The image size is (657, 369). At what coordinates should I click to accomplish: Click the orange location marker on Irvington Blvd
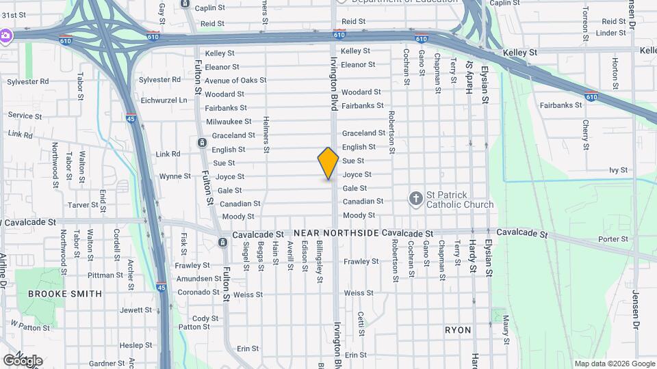pyautogui.click(x=328, y=163)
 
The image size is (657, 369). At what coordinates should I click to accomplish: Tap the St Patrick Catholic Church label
pyautogui.click(x=459, y=200)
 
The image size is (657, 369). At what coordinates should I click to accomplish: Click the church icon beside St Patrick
pyautogui.click(x=415, y=199)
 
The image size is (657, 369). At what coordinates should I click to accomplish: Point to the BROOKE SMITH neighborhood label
pyautogui.click(x=65, y=294)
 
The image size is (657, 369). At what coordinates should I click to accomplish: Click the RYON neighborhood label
pyautogui.click(x=458, y=330)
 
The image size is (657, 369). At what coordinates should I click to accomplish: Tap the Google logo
pyautogui.click(x=23, y=360)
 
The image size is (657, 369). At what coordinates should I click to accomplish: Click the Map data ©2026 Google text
pyautogui.click(x=614, y=364)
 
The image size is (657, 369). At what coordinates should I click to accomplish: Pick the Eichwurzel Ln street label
pyautogui.click(x=164, y=100)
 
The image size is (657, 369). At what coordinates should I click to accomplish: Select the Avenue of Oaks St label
pyautogui.click(x=235, y=81)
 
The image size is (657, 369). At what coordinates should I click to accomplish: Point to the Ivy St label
pyautogui.click(x=618, y=170)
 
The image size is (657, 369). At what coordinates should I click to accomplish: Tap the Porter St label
pyautogui.click(x=613, y=239)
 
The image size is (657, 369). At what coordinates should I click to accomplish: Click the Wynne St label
pyautogui.click(x=175, y=176)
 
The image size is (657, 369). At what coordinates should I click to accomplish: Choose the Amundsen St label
pyautogui.click(x=199, y=279)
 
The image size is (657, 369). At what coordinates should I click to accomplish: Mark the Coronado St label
pyautogui.click(x=198, y=292)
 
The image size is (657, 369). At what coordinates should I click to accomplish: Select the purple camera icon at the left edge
pyautogui.click(x=5, y=35)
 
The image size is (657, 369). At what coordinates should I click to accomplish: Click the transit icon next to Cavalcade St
pyautogui.click(x=222, y=243)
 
